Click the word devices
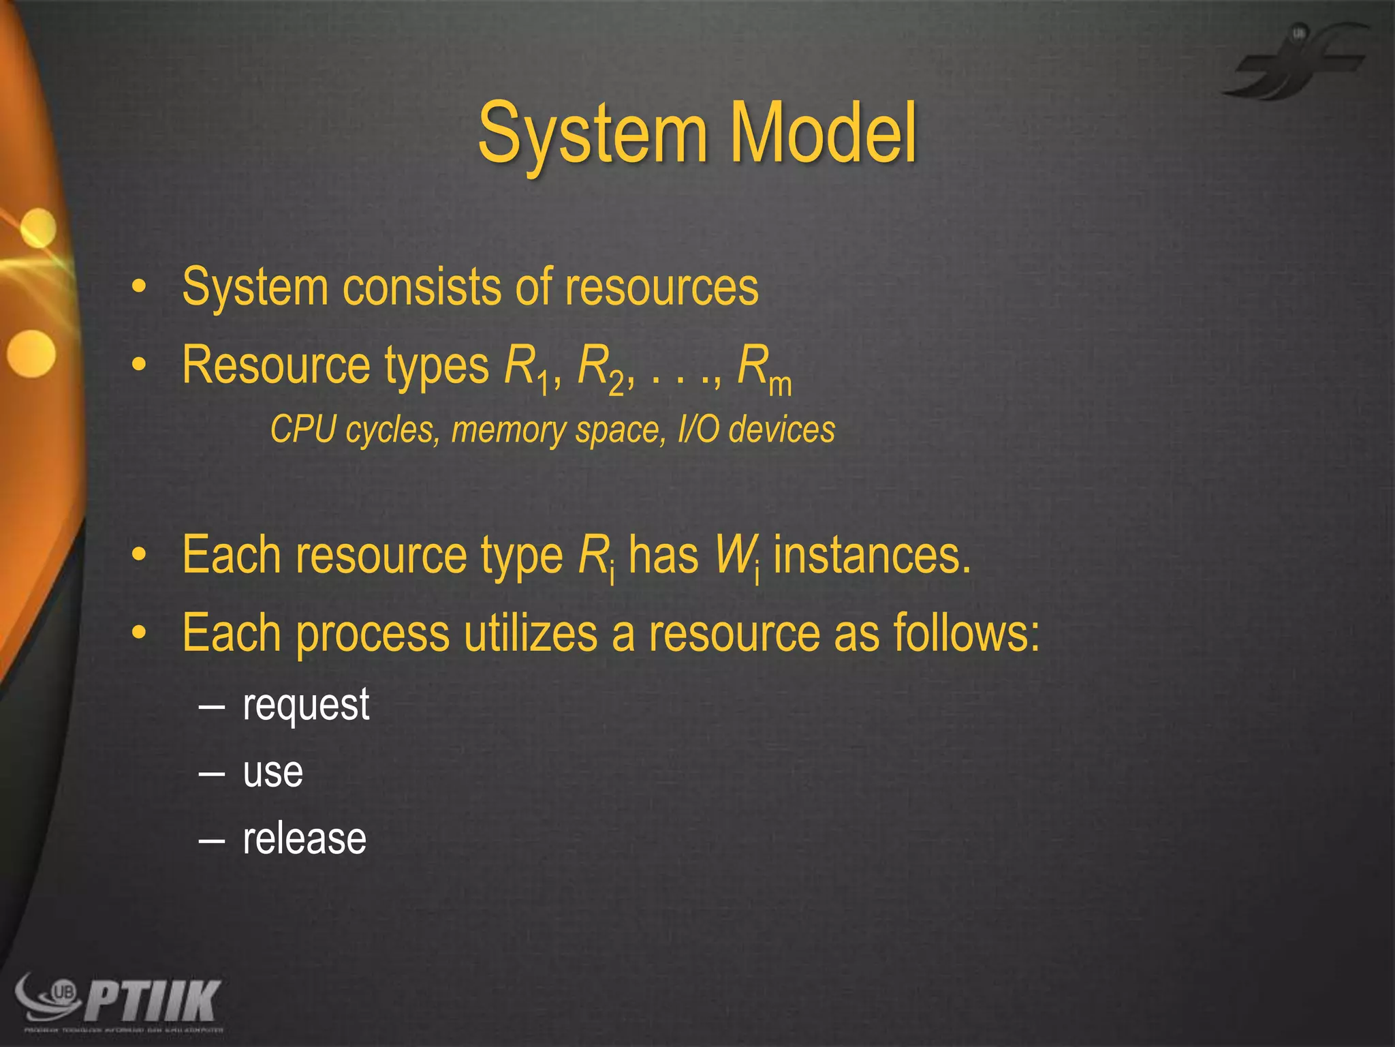(x=782, y=429)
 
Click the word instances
(x=872, y=556)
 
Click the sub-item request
(x=306, y=705)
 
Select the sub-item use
(x=272, y=772)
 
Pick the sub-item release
(x=304, y=838)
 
